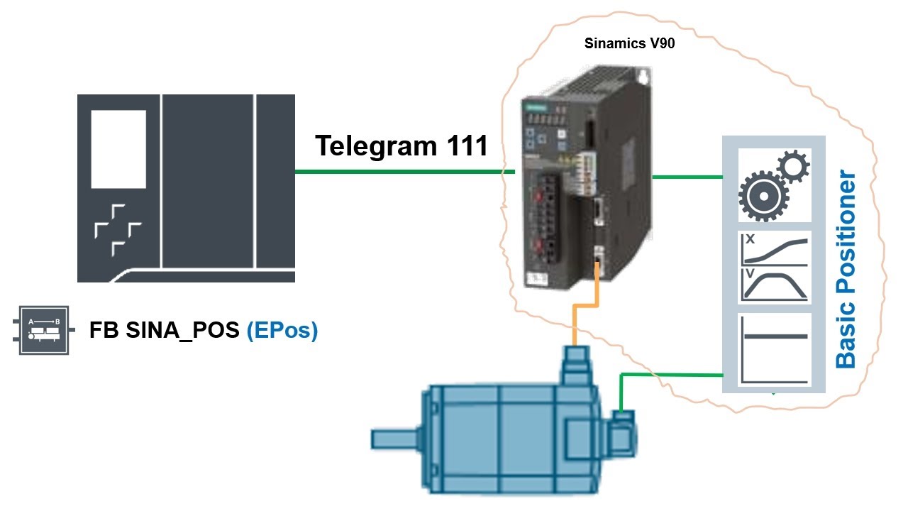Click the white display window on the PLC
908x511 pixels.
(x=118, y=149)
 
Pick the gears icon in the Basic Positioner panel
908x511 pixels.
(x=774, y=185)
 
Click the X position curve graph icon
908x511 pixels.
(x=774, y=248)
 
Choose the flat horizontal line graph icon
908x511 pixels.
(x=774, y=349)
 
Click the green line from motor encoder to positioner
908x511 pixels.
(x=674, y=374)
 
